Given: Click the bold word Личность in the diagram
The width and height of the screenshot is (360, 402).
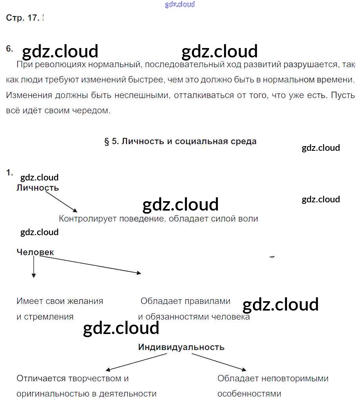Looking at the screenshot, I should click(x=38, y=188).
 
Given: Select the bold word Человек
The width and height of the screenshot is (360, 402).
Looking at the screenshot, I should click(x=35, y=252).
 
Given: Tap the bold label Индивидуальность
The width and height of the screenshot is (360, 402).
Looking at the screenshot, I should click(x=181, y=347).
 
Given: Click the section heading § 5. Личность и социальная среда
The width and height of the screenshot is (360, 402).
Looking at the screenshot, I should click(x=180, y=141).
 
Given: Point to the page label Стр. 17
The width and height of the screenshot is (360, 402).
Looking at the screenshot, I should click(x=23, y=18).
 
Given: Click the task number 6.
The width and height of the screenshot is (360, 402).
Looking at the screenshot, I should click(x=9, y=49).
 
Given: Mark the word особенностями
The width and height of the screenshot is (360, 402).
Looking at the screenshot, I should click(x=249, y=394).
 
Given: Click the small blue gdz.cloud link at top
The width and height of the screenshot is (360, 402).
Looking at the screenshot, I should click(x=180, y=5).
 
